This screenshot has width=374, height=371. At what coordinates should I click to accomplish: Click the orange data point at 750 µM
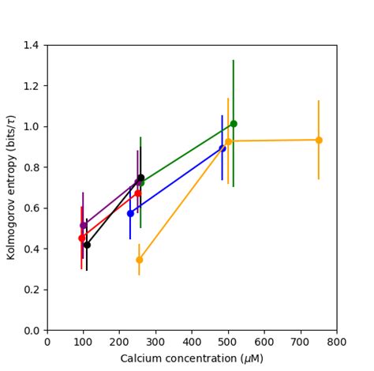pos(319,140)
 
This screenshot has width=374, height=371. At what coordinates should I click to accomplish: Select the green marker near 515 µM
pos(234,123)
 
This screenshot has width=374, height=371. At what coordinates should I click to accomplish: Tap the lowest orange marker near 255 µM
pos(139,260)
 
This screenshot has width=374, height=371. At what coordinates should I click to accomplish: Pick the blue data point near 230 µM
pos(130,213)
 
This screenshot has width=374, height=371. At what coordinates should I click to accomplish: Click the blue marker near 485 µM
pos(223,148)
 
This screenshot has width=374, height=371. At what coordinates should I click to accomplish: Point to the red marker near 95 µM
pos(81,238)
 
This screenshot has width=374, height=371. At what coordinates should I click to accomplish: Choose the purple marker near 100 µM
pos(83,225)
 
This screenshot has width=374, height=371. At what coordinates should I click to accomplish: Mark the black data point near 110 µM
pos(87,245)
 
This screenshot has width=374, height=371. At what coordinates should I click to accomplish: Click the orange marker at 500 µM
pos(228,141)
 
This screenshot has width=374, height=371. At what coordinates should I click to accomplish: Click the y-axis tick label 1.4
pos(32,45)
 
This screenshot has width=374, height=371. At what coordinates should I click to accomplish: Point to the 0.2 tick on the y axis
pos(32,290)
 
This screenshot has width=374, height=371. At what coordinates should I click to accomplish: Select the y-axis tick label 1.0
pos(32,126)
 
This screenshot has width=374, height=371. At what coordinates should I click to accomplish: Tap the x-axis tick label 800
pos(337,343)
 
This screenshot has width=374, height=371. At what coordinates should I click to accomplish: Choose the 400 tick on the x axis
pos(192,343)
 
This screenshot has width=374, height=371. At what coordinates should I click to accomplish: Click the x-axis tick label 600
pos(264,343)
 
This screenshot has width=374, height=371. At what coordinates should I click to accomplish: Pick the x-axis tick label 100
pos(83,343)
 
